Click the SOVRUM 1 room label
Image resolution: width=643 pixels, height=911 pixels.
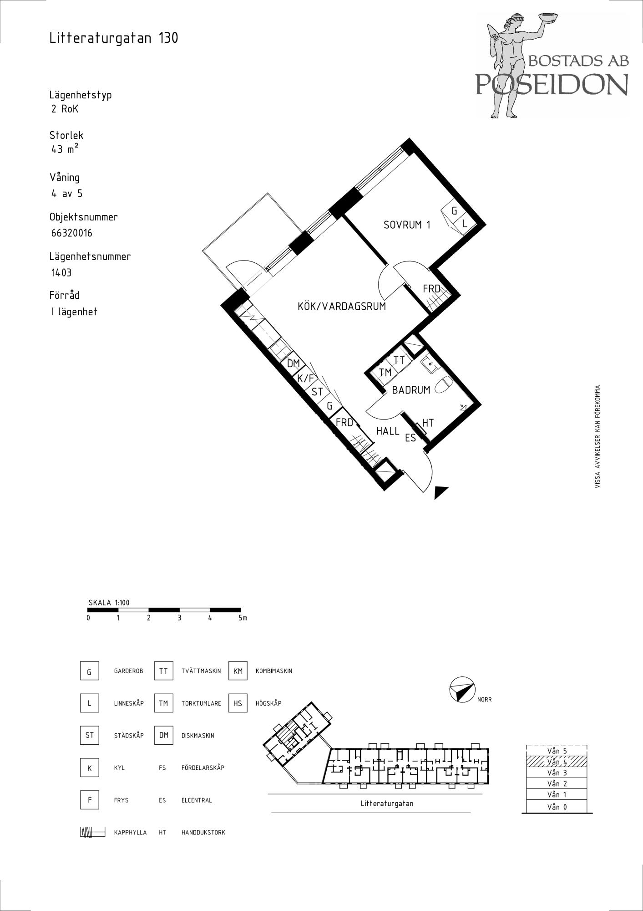point(407,225)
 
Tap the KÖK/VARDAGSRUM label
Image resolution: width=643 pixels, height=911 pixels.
point(342,306)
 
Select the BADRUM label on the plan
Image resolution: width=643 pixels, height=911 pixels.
point(411,390)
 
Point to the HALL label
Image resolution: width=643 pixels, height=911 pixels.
point(388,431)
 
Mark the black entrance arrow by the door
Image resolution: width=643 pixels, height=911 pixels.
point(441,492)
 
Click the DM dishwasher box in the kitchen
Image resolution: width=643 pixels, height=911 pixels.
point(293,363)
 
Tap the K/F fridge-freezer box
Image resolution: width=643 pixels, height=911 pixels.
point(306,378)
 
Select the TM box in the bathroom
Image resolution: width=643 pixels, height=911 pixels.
point(385,373)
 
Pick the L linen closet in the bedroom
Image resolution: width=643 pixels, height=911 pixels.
point(465,224)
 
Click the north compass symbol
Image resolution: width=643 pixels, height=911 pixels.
point(461,690)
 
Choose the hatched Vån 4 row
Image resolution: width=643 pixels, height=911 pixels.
point(557,762)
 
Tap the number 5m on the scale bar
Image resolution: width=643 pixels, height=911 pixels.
point(243,618)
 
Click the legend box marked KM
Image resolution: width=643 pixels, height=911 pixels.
point(238,671)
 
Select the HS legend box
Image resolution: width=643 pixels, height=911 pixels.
point(238,703)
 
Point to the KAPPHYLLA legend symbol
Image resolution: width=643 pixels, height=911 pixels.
point(92,833)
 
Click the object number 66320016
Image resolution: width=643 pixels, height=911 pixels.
point(72,233)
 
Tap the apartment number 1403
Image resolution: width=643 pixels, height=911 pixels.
point(61,273)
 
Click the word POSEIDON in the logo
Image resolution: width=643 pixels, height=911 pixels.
point(552,84)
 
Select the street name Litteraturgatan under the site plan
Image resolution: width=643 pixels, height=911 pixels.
point(387,804)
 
